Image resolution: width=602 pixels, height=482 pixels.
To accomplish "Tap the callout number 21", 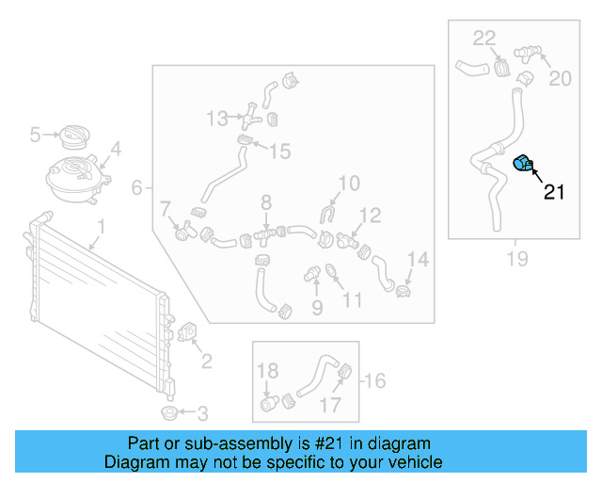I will pos(554,193).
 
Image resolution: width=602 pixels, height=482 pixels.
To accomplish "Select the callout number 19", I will pos(516,257).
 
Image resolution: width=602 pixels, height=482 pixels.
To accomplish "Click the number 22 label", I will pos(483,39).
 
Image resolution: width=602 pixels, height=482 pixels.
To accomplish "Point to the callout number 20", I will pos(560,78).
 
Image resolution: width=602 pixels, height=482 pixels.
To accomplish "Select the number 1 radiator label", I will pos(100,227).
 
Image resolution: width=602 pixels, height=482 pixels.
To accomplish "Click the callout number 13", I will pos(217,118).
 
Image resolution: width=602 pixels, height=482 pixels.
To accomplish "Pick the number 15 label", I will pos(280,151).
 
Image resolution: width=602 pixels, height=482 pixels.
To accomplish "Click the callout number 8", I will pos(266,201).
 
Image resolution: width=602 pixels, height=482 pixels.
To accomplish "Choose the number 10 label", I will pos(348,183).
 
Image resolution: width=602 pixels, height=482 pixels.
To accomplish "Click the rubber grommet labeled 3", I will pos(168,413).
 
